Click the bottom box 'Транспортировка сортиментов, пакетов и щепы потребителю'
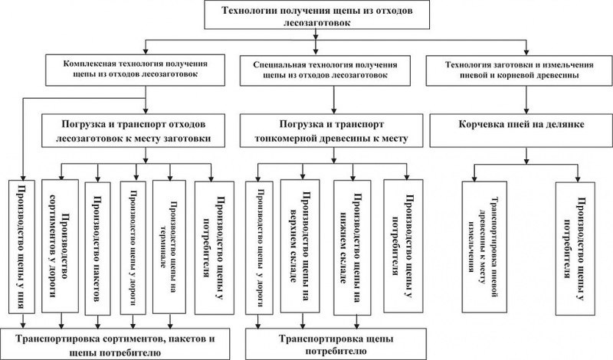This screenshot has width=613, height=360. click(x=117, y=343)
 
